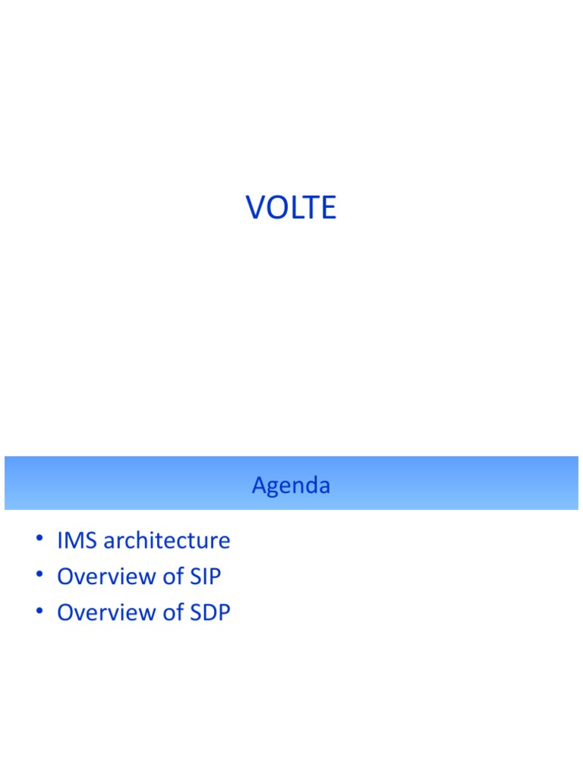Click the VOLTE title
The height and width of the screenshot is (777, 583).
291,207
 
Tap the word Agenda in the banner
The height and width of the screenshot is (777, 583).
291,485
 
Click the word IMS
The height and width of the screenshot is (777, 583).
77,541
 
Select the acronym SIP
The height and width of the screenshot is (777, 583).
205,577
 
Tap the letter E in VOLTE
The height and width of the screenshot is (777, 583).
328,208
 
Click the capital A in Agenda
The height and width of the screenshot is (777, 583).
259,485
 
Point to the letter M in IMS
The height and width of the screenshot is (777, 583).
76,541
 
